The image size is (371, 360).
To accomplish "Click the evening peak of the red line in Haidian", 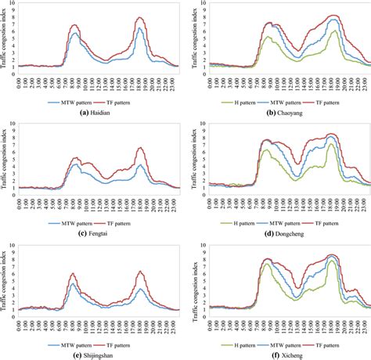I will tap(141, 17).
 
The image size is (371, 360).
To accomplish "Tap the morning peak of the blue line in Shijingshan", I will tap(73, 283).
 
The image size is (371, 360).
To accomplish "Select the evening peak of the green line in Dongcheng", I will tap(330, 144).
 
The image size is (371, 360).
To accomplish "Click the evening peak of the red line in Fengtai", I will tap(141, 148).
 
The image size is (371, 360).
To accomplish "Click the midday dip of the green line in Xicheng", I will tap(296, 298).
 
